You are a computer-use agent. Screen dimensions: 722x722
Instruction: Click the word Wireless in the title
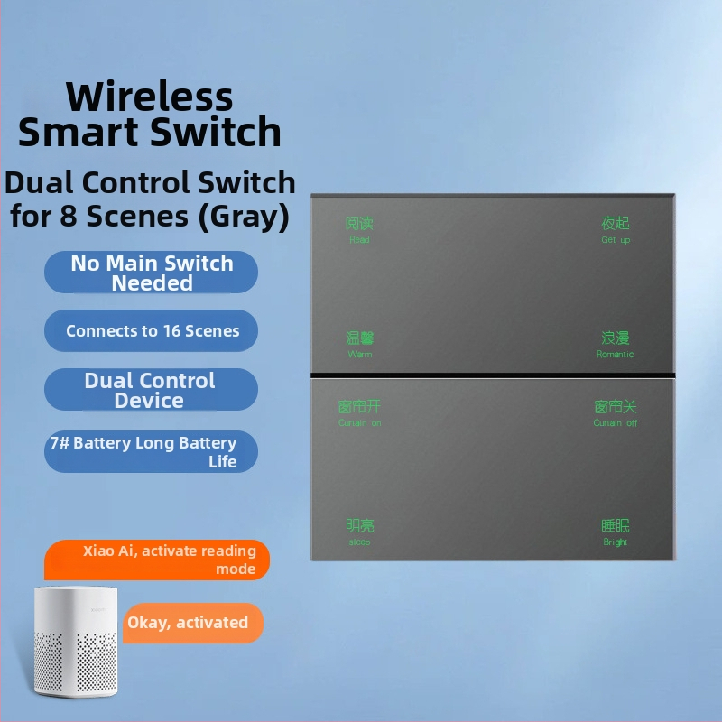click(x=150, y=97)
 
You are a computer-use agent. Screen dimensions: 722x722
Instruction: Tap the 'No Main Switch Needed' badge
click(x=152, y=273)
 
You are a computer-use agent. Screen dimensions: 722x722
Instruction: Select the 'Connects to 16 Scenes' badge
click(x=152, y=331)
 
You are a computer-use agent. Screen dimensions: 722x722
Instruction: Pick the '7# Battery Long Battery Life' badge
click(x=152, y=452)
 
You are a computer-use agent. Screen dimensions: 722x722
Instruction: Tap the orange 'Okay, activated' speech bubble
click(x=189, y=623)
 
